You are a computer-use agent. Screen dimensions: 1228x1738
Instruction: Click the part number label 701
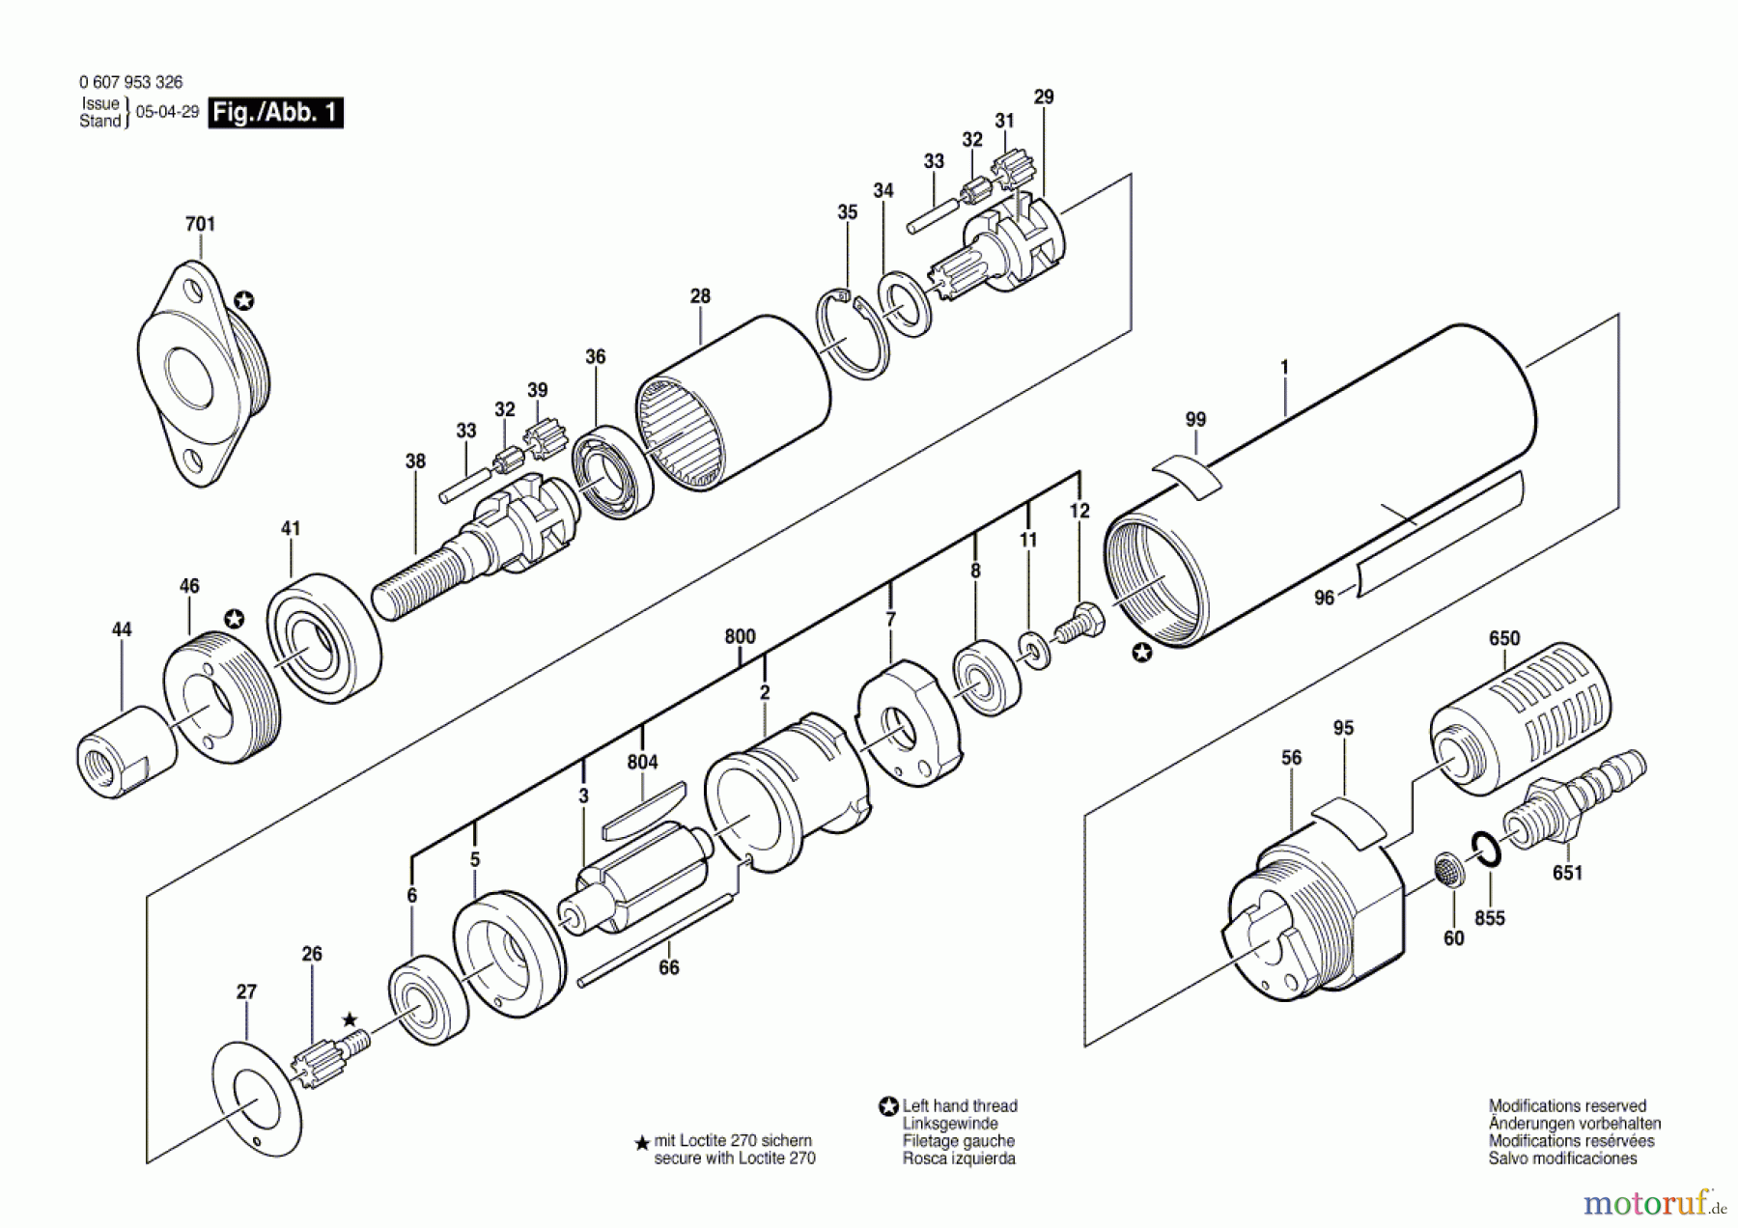click(200, 224)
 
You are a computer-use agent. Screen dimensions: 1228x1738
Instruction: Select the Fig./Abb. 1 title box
click(276, 113)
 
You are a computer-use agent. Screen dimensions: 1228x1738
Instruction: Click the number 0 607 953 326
click(130, 83)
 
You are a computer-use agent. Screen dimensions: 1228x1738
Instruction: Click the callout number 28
click(700, 296)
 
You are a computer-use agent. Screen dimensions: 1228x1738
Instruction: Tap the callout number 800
click(740, 636)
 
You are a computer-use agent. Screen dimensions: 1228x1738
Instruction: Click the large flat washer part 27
click(256, 1099)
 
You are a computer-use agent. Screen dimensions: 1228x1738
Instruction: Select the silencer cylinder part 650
click(1511, 719)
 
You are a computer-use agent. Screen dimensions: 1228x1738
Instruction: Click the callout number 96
click(1324, 599)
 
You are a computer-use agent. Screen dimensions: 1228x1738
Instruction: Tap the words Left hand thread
click(959, 1106)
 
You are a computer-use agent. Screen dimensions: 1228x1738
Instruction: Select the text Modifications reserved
click(1566, 1106)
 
